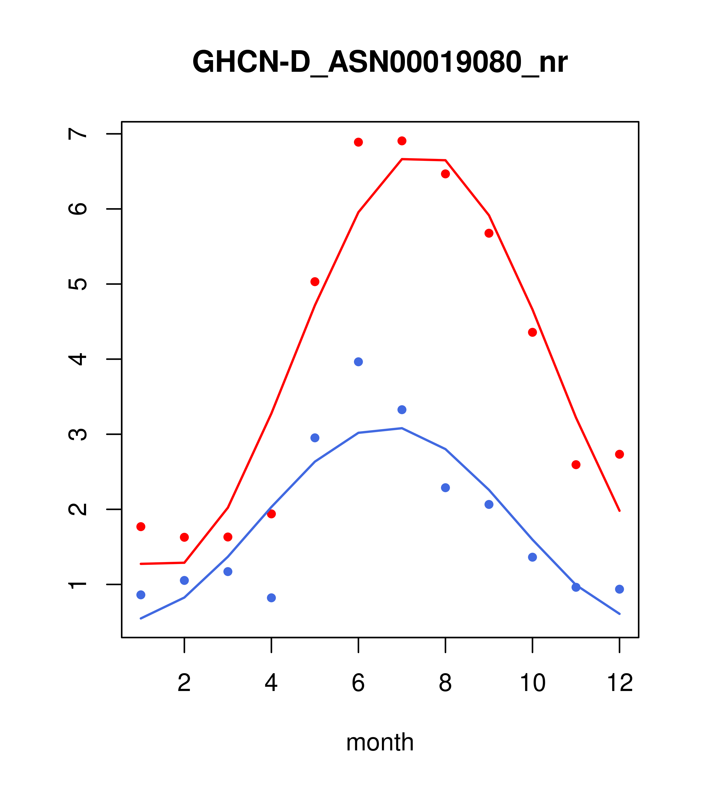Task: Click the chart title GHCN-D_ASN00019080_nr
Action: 380,62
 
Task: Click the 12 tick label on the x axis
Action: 620,684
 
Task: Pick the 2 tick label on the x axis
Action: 185,684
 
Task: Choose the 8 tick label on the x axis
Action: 445,684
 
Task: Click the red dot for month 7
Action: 402,141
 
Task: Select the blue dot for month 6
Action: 358,362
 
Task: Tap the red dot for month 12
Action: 620,454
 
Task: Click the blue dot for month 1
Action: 141,595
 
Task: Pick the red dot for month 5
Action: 315,282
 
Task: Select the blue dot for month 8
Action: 445,488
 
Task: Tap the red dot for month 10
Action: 532,332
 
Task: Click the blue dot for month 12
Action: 620,589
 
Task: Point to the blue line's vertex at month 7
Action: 402,428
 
